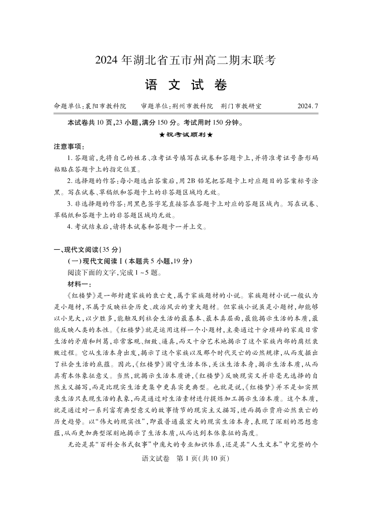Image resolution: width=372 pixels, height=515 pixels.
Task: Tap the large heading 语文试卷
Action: click(186, 84)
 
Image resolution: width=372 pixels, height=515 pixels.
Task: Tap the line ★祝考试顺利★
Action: click(186, 135)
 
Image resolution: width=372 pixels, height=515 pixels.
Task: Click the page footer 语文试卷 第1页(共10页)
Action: click(186, 458)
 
